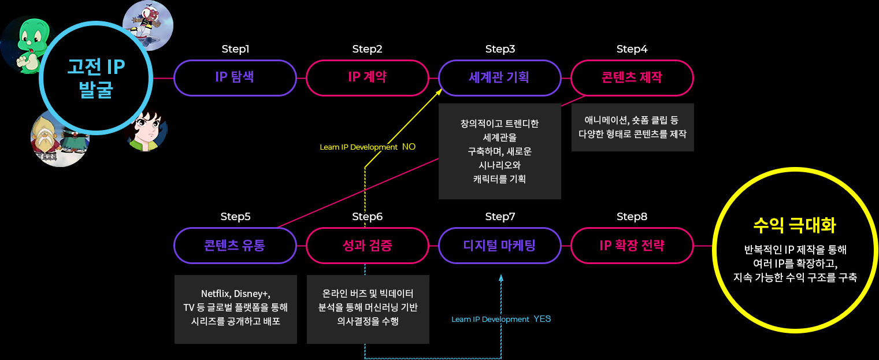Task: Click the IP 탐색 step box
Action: (235, 77)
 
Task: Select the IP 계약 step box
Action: (367, 77)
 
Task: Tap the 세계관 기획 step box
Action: (500, 77)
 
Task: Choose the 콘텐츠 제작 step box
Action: (632, 77)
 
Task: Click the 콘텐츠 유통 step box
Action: (235, 245)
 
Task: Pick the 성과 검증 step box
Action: (367, 245)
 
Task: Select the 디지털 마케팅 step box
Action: (500, 245)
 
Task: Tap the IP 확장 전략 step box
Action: (632, 245)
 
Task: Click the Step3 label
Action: (500, 49)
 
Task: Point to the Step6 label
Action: (367, 217)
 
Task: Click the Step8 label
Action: (632, 217)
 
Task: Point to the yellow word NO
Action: (409, 147)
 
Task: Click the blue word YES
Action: (542, 319)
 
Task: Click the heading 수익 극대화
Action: (795, 225)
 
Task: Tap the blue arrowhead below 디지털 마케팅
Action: (501, 279)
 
